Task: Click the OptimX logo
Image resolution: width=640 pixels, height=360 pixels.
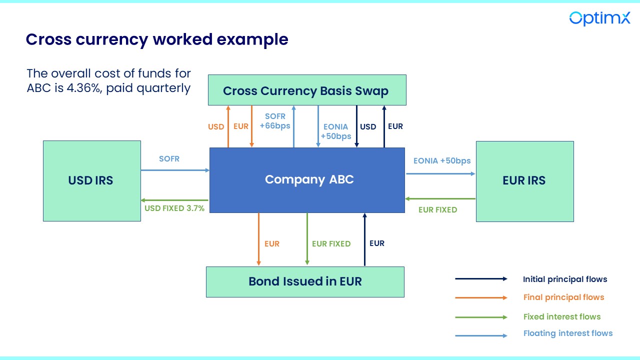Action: (x=599, y=18)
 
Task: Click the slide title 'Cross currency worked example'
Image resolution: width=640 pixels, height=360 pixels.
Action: (x=157, y=39)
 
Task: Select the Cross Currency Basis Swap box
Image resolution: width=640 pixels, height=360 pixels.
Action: (x=306, y=90)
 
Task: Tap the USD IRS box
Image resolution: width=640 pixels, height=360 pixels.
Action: (x=91, y=180)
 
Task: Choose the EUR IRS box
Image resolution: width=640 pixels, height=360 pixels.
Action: (x=524, y=180)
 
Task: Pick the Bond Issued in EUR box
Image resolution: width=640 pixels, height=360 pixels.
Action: (x=305, y=281)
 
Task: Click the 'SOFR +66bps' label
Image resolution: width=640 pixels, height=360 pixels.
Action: (x=275, y=121)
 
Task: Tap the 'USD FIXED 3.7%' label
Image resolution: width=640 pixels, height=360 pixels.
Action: (x=174, y=208)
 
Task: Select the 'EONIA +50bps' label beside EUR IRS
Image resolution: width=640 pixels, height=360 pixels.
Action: (x=442, y=161)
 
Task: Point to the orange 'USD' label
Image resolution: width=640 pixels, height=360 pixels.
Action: (x=216, y=127)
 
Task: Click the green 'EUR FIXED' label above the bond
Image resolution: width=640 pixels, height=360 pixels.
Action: (x=331, y=244)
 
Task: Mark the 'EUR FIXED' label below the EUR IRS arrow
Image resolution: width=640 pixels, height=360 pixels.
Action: (x=437, y=210)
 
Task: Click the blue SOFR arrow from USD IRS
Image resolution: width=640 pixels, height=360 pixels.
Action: (x=175, y=170)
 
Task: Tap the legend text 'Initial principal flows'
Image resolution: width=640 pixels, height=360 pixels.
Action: (x=565, y=279)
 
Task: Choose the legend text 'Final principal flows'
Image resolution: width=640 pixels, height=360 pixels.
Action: (x=563, y=297)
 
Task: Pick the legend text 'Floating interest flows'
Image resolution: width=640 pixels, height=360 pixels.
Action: (x=567, y=333)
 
